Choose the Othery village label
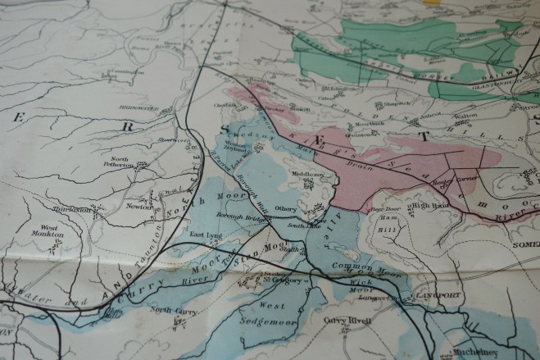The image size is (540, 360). click(x=285, y=208)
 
